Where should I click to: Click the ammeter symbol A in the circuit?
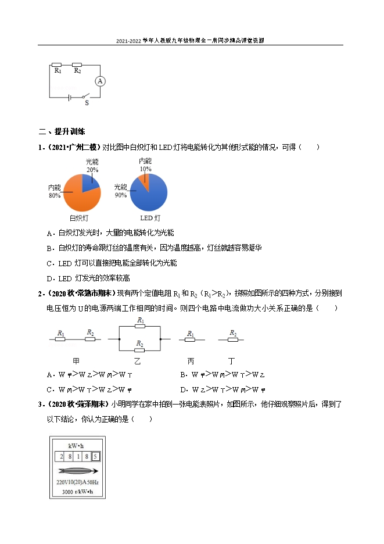click(100, 81)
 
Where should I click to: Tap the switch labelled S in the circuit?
click(86, 96)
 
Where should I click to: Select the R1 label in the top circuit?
click(58, 70)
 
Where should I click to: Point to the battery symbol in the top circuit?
click(70, 96)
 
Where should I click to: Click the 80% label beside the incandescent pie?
click(55, 196)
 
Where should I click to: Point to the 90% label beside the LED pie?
click(121, 195)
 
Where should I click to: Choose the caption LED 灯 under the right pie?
click(150, 219)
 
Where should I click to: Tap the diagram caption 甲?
click(76, 360)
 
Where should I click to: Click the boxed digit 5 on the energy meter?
click(96, 456)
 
